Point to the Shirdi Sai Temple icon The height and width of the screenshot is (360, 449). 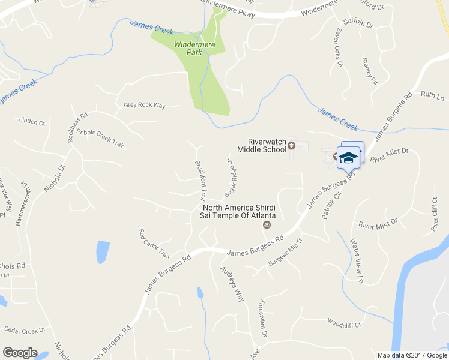coord(267,226)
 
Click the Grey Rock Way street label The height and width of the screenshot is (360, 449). coord(144,105)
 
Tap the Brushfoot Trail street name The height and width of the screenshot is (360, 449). coord(200,179)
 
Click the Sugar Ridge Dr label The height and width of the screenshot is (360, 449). coord(231,178)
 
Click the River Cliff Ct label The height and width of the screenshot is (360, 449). coord(434,214)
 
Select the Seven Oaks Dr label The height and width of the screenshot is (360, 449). coord(339,46)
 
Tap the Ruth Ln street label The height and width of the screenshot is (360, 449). coord(432,95)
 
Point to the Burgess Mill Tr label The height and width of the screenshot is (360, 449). coord(286,253)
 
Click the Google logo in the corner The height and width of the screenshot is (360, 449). coord(20,353)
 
